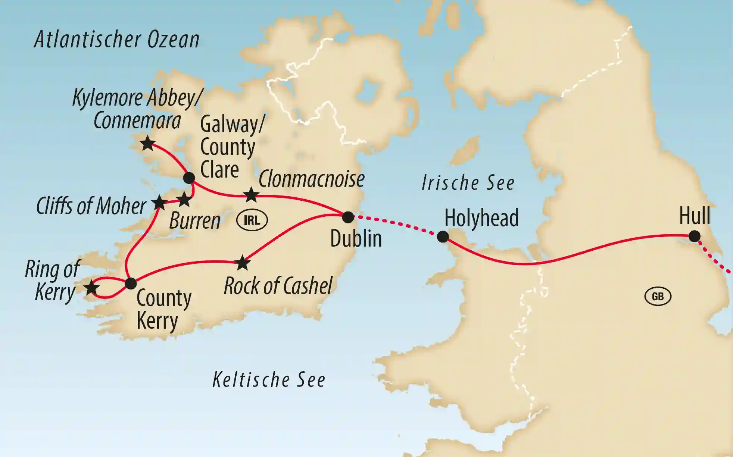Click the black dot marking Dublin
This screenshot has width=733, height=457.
348,217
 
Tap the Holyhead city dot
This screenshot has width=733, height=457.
443,237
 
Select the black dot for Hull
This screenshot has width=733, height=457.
694,236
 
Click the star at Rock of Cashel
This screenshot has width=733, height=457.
243,263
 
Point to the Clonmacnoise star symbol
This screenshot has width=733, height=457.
251,195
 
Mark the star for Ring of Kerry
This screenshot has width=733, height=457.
91,288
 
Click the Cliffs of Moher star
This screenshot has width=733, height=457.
159,203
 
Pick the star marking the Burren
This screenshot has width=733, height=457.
184,200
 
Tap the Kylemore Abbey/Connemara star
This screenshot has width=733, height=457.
148,143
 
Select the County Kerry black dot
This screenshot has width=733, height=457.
131,283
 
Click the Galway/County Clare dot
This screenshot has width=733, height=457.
189,178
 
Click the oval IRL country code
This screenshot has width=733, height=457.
252,220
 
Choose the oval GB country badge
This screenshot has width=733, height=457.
658,297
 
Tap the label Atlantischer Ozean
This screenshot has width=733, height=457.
117,40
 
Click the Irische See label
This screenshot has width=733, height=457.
468,183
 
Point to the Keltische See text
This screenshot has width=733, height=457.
269,380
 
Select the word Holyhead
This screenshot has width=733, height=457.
481,218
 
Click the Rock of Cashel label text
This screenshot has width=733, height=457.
278,286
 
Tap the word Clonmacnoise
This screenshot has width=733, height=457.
311,179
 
